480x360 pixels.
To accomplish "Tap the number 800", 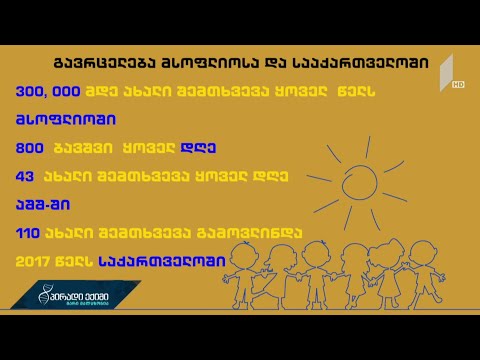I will click(29, 146).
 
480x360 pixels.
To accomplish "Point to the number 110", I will click(29, 232).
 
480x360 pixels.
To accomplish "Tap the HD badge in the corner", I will click(457, 85).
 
